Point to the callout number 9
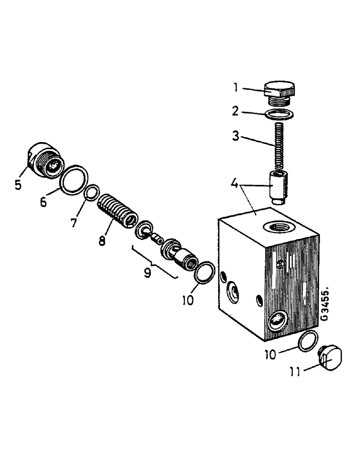tap(147, 272)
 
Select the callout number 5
tap(18, 185)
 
